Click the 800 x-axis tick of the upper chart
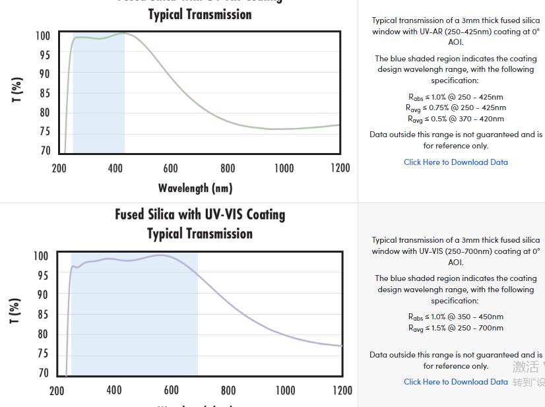pos(228,168)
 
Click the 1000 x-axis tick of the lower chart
pos(286,391)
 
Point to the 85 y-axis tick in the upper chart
pos(44,94)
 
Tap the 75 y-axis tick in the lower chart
pos(43,354)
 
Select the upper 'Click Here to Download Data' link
pos(456,162)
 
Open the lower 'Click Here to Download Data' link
pos(456,382)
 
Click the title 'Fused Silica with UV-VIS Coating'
pos(200,214)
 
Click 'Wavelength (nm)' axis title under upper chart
pos(195,189)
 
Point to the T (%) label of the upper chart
pos(18,90)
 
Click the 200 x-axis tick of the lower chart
pos(57,391)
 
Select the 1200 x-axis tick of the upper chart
pos(340,168)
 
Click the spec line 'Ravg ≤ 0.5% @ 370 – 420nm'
pos(455,119)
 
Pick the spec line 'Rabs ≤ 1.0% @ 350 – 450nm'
pos(455,317)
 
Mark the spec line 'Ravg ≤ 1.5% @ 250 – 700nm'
pos(455,328)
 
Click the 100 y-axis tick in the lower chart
pos(41,256)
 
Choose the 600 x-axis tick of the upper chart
pos(170,168)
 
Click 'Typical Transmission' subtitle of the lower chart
pos(200,234)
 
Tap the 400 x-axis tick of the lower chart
pos(114,391)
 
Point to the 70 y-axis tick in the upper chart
pos(44,150)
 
